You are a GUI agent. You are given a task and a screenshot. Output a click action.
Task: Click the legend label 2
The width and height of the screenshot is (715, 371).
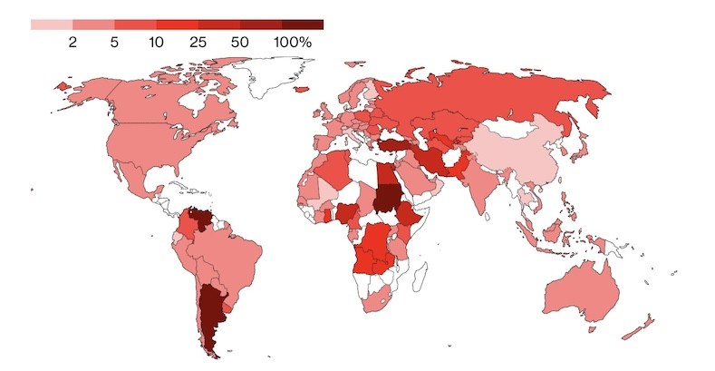tap(73, 42)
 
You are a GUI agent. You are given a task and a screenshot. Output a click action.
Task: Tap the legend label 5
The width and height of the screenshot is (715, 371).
tap(114, 42)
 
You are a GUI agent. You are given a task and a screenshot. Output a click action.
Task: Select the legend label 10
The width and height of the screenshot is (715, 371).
tap(156, 42)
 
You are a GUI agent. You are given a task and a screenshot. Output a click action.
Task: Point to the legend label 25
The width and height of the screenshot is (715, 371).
tap(198, 42)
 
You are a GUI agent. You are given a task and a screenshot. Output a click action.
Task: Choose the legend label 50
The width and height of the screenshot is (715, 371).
tap(239, 42)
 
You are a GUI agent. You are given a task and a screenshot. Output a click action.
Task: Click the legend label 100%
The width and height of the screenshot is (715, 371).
tap(293, 42)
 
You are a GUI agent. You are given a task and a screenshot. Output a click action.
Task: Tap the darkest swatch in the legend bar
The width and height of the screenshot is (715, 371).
tap(303, 24)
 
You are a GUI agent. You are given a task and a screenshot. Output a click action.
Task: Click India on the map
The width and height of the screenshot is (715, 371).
tap(486, 186)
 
